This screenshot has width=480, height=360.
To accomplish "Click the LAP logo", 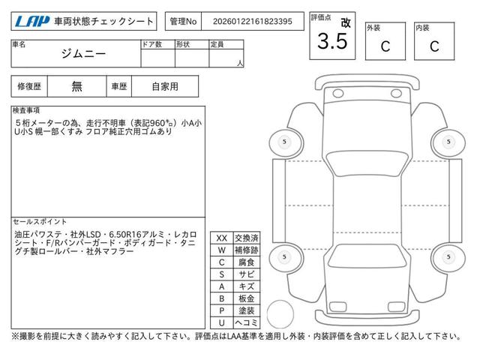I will (x=29, y=21).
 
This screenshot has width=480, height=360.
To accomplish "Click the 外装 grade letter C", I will (x=385, y=46).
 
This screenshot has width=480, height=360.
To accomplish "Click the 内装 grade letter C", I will (x=433, y=46).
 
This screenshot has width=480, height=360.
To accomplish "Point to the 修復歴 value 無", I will (x=77, y=86).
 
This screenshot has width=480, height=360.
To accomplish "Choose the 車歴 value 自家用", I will (x=165, y=86).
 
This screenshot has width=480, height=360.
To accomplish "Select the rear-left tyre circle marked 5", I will (x=283, y=257).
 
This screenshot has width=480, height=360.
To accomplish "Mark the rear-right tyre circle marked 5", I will (x=448, y=257).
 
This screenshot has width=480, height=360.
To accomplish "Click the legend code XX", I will (x=221, y=238).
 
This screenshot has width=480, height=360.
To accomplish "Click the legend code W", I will (x=221, y=250).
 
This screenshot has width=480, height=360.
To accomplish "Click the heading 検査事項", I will (x=27, y=110).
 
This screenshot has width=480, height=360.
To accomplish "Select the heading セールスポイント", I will (x=39, y=222).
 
